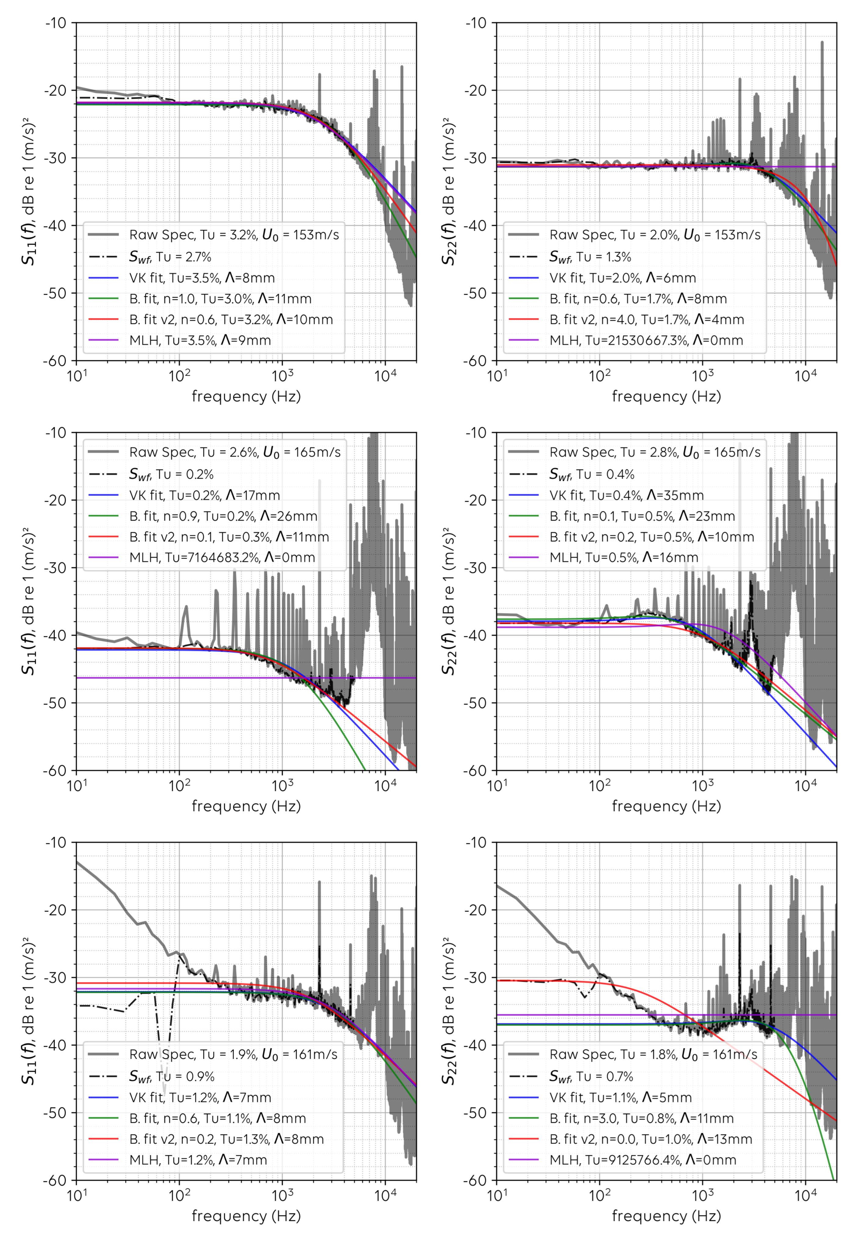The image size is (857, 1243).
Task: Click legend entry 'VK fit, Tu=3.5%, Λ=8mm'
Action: coord(202,278)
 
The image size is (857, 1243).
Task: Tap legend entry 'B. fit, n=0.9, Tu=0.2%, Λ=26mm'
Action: coord(223,516)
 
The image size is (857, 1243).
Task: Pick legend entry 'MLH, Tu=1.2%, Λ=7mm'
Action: coord(198,1160)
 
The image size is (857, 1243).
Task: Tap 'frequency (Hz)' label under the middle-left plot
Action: coord(246,806)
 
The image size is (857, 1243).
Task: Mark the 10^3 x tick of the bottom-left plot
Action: coord(282,1196)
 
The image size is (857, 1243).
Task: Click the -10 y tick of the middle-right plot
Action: coord(475,432)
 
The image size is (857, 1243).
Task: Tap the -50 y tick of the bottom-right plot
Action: coord(475,1113)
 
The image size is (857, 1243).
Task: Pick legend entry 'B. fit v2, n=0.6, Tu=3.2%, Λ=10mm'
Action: coord(231,320)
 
